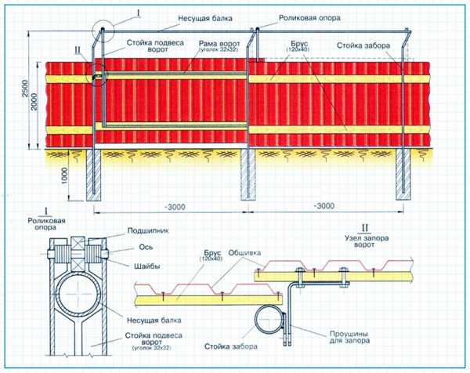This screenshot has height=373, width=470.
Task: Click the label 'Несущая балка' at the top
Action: (205, 18)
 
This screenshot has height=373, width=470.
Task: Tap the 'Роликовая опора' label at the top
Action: (309, 18)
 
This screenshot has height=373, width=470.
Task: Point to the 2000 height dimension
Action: (34, 102)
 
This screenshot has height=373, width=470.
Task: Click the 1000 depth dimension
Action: (64, 176)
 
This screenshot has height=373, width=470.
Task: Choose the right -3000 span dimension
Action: (324, 206)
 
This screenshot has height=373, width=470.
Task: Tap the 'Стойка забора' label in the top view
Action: (363, 45)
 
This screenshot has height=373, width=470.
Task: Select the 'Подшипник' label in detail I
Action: (148, 230)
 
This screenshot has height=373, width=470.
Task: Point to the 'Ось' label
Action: (146, 247)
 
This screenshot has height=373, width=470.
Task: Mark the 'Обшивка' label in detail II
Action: (244, 253)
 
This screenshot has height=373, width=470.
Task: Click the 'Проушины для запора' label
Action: (349, 337)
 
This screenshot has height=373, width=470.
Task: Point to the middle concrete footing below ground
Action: (248, 175)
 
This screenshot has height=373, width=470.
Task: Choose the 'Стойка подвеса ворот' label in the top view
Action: (155, 46)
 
